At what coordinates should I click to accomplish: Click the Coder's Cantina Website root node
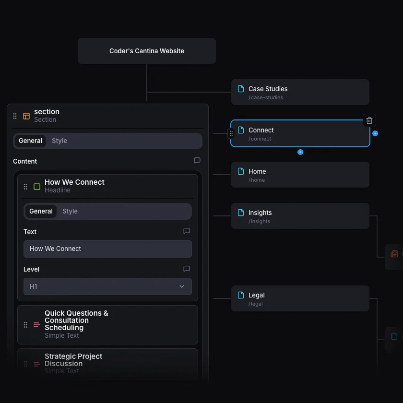coord(146,51)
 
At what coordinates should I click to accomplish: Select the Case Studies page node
coord(300,92)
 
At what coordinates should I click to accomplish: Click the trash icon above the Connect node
coord(369,120)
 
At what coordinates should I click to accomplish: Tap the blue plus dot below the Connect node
coord(300,152)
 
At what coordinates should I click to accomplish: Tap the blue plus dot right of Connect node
coord(375,133)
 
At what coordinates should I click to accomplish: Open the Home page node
coord(300,175)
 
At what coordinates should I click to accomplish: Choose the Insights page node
coord(300,216)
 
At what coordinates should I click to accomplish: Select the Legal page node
coord(300,298)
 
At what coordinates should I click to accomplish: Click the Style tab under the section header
coord(59,141)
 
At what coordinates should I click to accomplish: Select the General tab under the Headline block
coord(41,211)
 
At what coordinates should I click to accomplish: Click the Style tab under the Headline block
coord(70,211)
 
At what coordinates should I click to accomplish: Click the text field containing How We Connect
coord(107,249)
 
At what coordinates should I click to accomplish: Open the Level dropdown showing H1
coord(107,286)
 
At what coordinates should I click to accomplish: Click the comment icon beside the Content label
coord(197,161)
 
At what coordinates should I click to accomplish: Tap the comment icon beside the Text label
coord(187,231)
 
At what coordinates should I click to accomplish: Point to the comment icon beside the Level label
coord(187,269)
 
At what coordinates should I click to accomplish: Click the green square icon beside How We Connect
coord(37,186)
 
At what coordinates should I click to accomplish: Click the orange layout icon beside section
coord(26,116)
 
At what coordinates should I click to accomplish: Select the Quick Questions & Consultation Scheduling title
coord(76,320)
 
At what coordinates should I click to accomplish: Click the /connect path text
coord(260,139)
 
